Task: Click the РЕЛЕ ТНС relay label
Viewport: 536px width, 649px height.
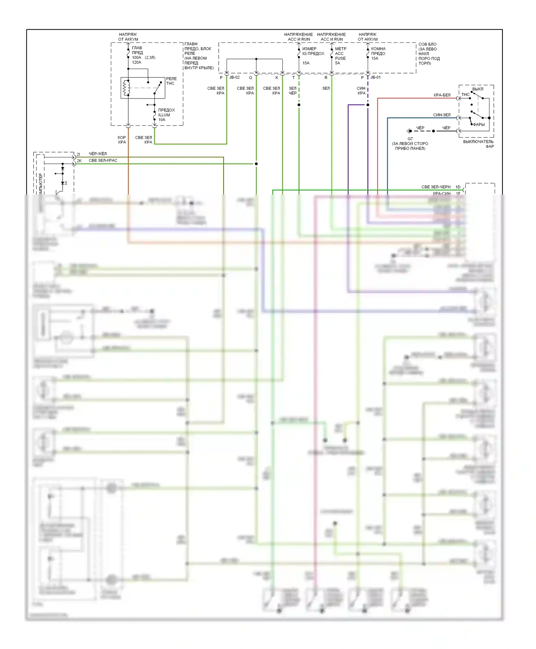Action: coord(171,81)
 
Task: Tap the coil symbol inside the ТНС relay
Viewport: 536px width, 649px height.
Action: coord(126,88)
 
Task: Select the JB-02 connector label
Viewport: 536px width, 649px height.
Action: coord(234,77)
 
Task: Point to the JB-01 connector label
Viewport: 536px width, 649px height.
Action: coord(376,77)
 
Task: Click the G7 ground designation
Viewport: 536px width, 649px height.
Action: coord(410,139)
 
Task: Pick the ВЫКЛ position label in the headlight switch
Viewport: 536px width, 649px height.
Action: coord(477,89)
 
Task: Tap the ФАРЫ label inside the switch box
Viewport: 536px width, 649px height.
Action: coord(479,125)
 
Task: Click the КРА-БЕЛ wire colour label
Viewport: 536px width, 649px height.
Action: coord(442,95)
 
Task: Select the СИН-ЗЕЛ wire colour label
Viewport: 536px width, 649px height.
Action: coord(442,115)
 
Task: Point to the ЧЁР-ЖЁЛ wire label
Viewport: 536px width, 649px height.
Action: coord(98,154)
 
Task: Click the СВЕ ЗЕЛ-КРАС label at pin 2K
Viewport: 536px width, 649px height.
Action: coord(103,161)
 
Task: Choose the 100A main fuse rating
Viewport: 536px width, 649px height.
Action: coord(137,57)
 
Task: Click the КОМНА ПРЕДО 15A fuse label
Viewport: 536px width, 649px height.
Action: coord(378,54)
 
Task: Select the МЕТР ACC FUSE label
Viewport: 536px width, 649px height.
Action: coord(340,56)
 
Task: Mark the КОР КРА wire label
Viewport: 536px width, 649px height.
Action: coord(122,140)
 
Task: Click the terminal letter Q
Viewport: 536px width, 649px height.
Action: coord(250,78)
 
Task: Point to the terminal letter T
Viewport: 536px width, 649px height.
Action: coord(293,78)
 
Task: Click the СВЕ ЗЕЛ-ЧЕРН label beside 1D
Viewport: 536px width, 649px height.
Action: coord(436,187)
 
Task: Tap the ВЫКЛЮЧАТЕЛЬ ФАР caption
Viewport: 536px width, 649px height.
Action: coord(478,144)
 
